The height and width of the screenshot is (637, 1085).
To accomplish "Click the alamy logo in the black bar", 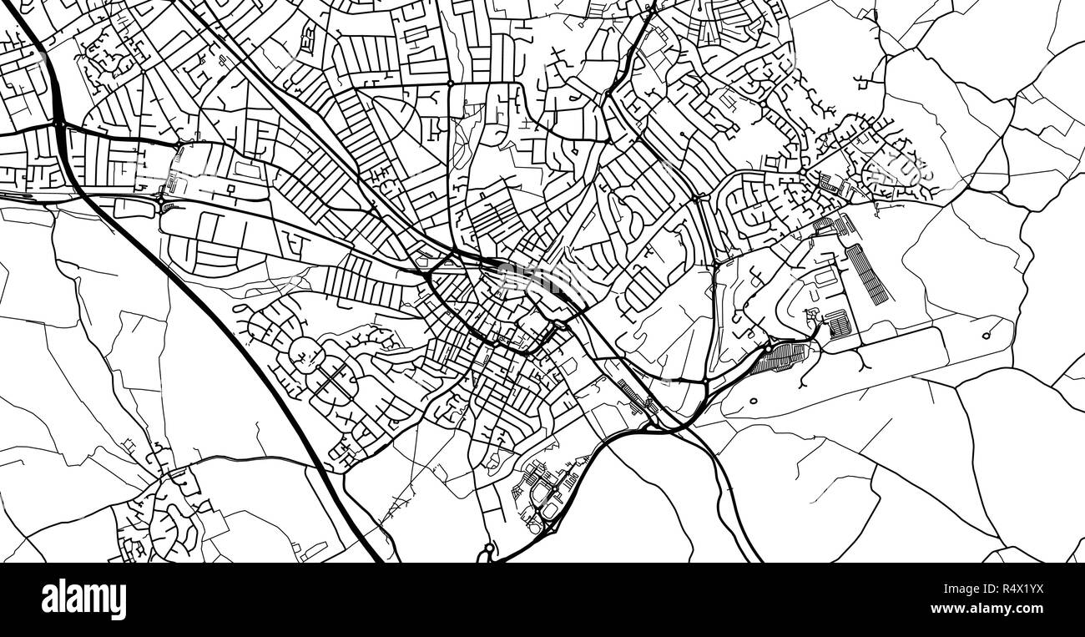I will click(x=84, y=599).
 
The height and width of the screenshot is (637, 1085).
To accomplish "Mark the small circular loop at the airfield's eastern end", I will click(x=986, y=336).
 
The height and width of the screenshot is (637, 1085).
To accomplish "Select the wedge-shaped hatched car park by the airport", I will click(x=781, y=358).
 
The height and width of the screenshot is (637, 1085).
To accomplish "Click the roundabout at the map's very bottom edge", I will click(x=488, y=550).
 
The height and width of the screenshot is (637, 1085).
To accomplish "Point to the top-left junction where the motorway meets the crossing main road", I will click(x=59, y=124).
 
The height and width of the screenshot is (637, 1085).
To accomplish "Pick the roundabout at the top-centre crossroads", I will click(x=450, y=84).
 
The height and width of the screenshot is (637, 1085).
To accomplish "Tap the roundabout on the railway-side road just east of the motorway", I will click(x=161, y=201).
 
